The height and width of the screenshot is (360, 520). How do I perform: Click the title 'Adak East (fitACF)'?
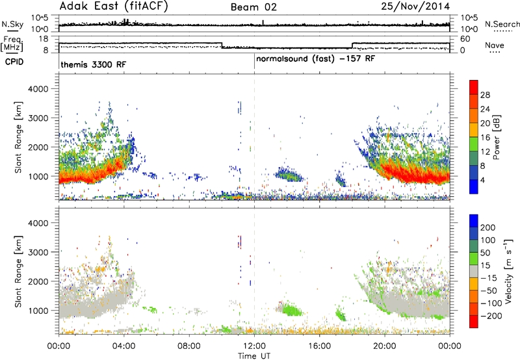(x=114, y=6)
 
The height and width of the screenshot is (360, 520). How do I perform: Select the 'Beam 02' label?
(x=253, y=7)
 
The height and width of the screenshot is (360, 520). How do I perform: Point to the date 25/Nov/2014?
(x=415, y=6)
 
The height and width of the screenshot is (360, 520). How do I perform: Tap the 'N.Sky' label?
(x=12, y=24)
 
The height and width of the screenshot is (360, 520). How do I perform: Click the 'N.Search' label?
(x=502, y=24)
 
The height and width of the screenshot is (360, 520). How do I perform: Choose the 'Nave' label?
(x=494, y=45)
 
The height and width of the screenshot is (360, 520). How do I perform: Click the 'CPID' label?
(x=14, y=62)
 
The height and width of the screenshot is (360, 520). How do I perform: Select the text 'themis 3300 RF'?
(x=93, y=64)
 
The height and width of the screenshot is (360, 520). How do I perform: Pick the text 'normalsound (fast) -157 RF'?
(x=315, y=59)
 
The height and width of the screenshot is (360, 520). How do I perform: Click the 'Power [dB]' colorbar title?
(x=496, y=137)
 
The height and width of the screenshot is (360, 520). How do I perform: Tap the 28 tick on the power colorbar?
(x=485, y=95)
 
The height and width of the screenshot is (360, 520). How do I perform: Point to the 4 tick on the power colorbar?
(x=482, y=180)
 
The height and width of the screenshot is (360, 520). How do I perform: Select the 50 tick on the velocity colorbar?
(x=486, y=253)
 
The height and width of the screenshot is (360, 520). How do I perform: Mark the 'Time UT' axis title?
(x=254, y=356)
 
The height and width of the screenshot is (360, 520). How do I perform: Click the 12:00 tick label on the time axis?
(x=254, y=346)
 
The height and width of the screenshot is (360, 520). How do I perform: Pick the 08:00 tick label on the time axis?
(x=189, y=346)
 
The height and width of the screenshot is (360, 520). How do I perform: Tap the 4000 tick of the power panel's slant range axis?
(x=38, y=89)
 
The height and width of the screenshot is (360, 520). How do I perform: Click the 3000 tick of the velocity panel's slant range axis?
(x=38, y=252)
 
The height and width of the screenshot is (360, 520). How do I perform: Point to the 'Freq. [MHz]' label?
(x=12, y=44)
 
